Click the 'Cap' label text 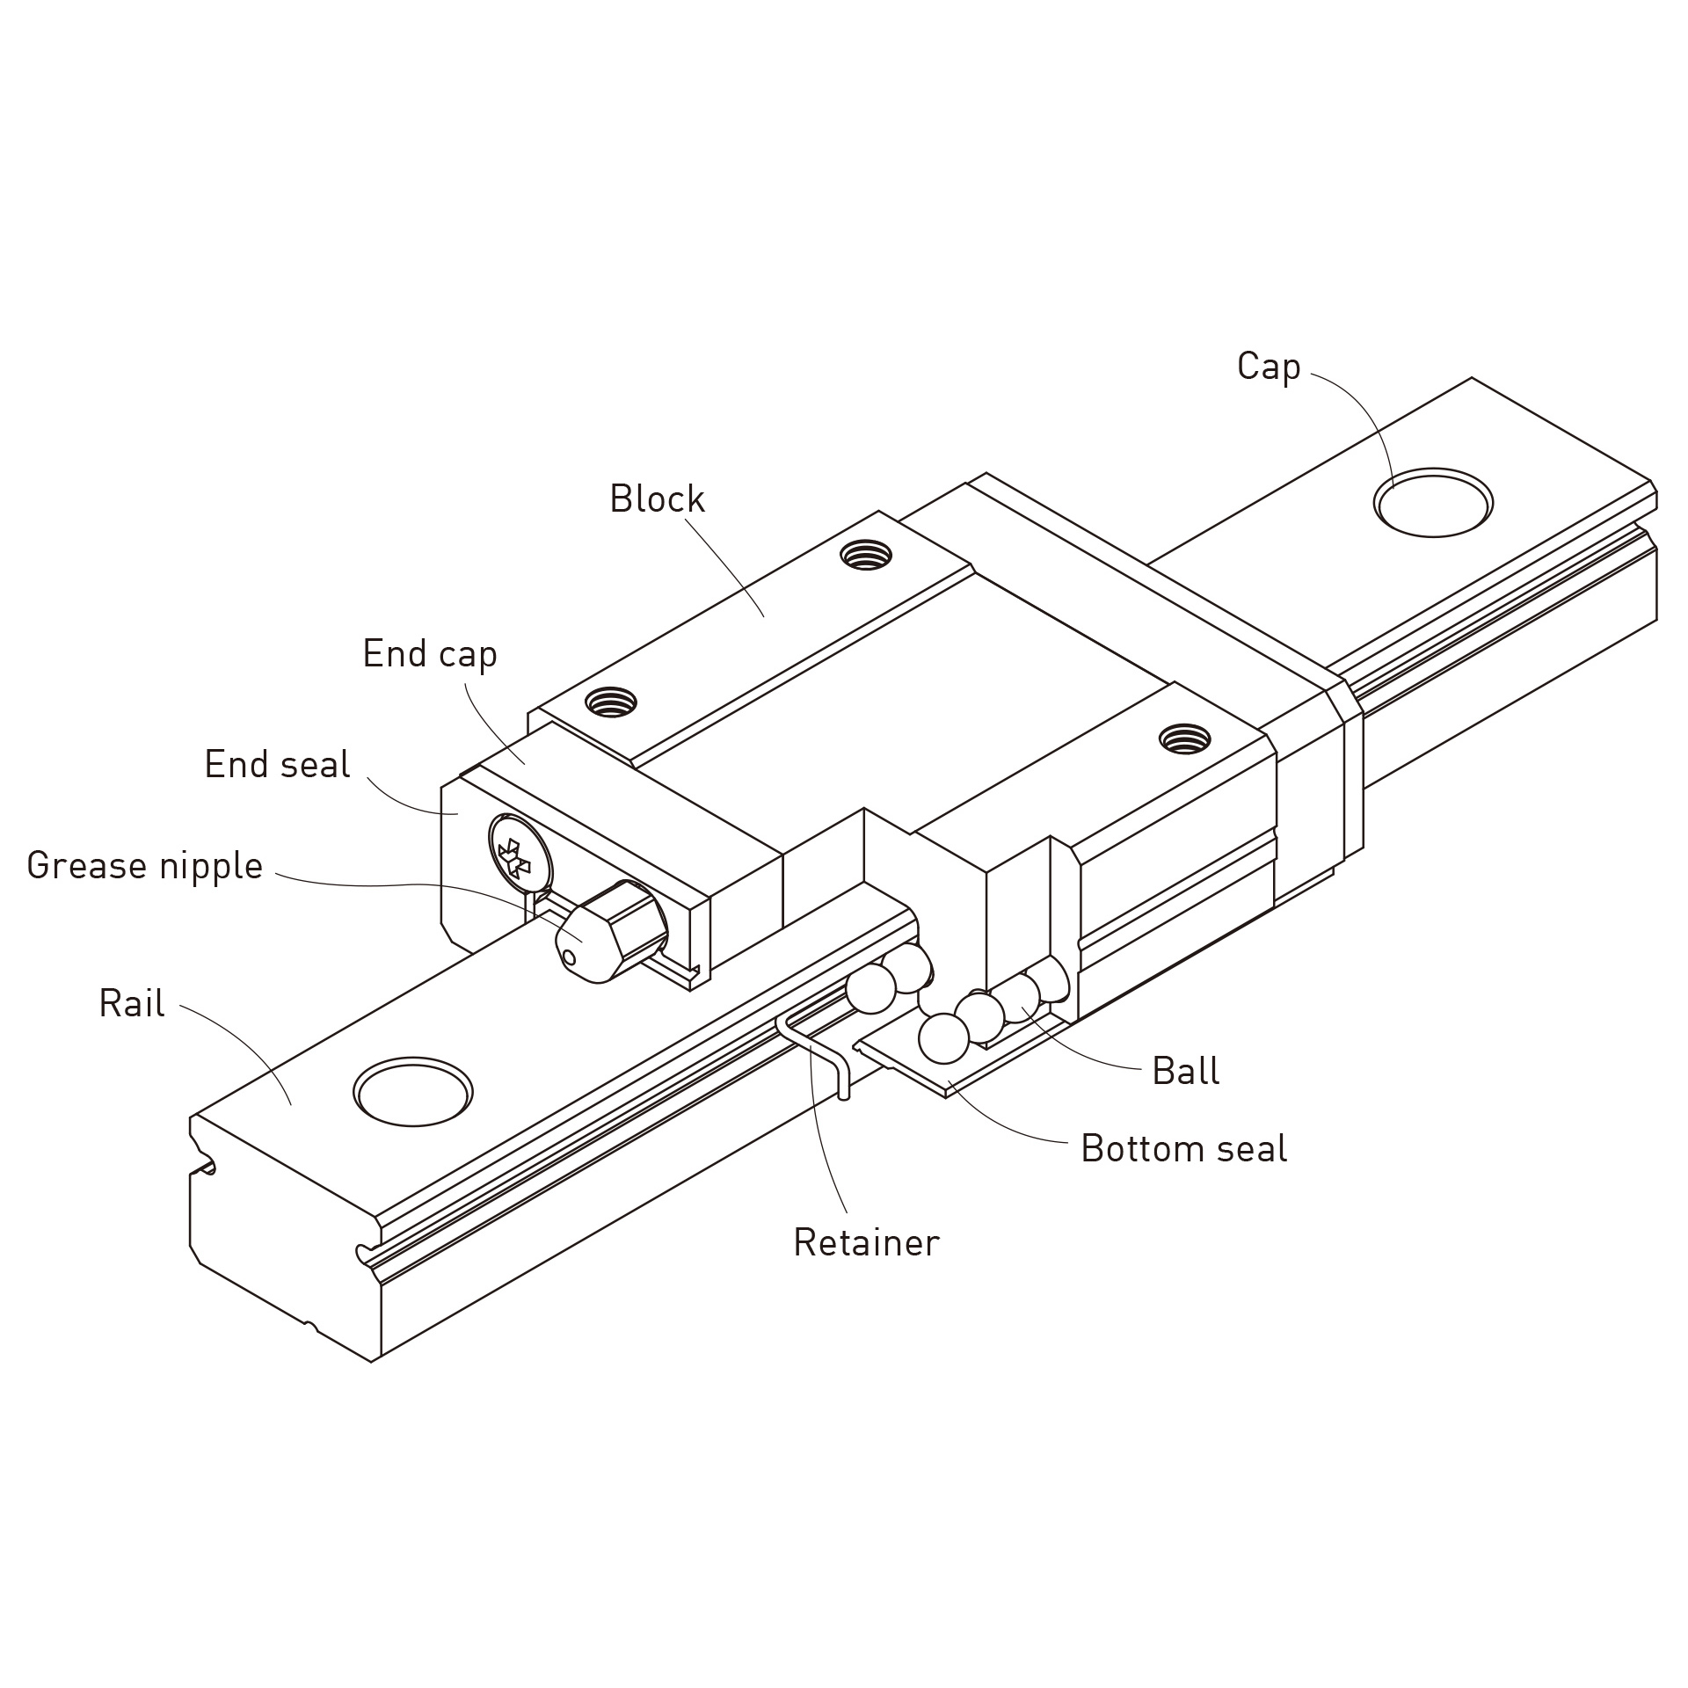point(1268,367)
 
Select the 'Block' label point(657,499)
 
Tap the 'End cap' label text point(430,654)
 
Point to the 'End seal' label point(277,765)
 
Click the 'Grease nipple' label point(145,866)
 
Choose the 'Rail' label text point(132,1003)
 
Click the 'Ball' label point(1185,1072)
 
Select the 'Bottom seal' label point(1183,1149)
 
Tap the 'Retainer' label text point(866,1243)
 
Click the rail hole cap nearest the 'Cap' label point(1432,504)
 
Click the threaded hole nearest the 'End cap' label point(612,702)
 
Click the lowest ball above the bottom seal point(943,1038)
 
